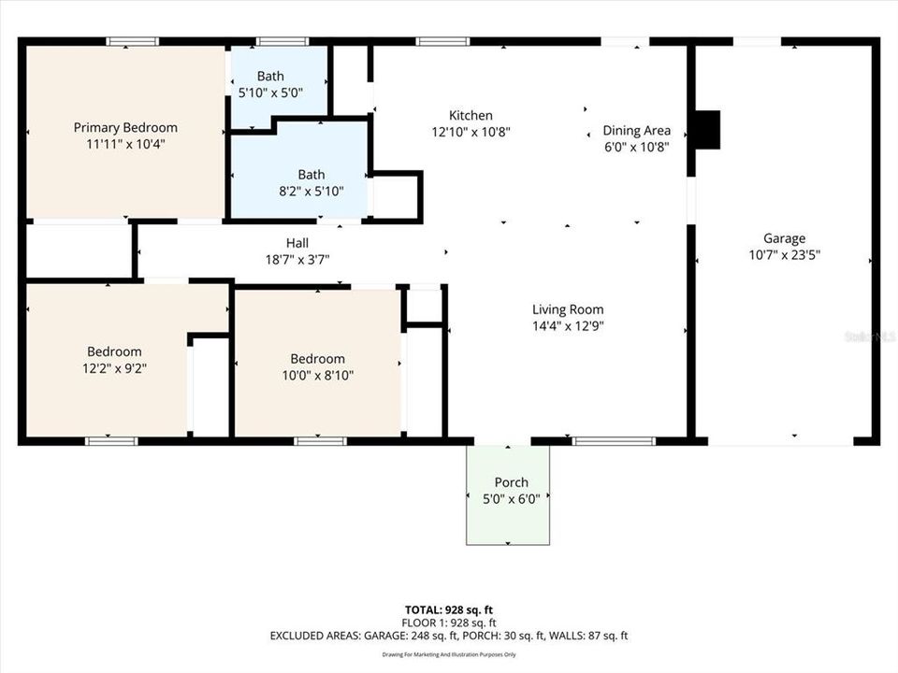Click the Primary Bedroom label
125,128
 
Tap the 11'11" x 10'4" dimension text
125,145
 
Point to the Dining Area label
636,130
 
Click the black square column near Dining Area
708,130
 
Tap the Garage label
784,238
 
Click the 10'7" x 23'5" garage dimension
784,254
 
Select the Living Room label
568,309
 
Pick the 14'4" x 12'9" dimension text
568,326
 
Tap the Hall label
297,243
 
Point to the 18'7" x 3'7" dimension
297,260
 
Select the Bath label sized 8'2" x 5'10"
311,174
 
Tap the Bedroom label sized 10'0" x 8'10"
317,359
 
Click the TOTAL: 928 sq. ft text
449,607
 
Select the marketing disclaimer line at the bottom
449,653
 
